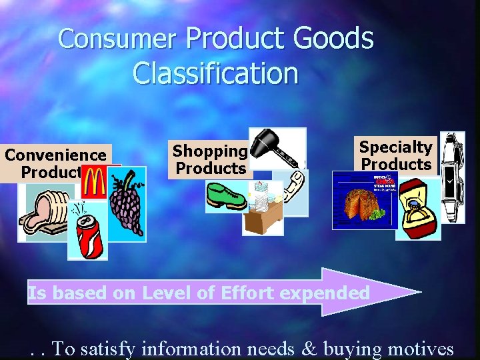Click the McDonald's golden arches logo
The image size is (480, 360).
tap(96, 182)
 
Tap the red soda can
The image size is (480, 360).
tap(88, 237)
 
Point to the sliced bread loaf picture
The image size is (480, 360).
tap(43, 212)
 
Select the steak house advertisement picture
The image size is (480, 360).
tap(363, 201)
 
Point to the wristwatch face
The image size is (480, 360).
tap(451, 179)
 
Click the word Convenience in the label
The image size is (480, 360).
tap(55, 155)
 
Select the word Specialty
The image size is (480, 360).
tap(396, 147)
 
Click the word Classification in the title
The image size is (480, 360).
tap(215, 73)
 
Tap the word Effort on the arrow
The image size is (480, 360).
tap(237, 292)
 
